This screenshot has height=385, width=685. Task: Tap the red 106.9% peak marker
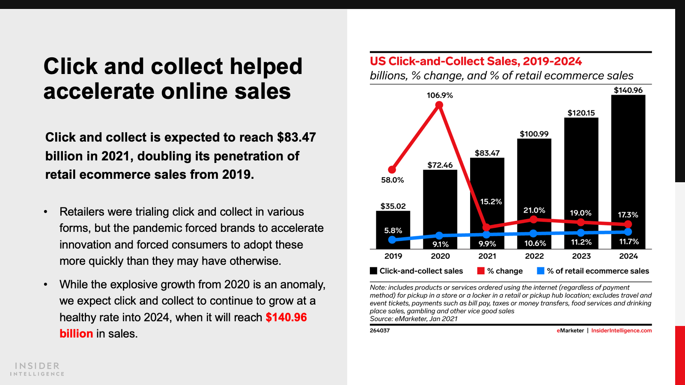pyautogui.click(x=439, y=106)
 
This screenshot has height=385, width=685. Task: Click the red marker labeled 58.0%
pyautogui.click(x=392, y=169)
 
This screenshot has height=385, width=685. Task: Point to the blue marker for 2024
pyautogui.click(x=628, y=232)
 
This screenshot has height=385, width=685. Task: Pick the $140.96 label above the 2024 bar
pyautogui.click(x=628, y=90)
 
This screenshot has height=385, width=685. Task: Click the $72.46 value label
pyautogui.click(x=440, y=165)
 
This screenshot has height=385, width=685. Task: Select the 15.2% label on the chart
pyautogui.click(x=491, y=201)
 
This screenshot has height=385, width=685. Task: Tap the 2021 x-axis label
pyautogui.click(x=487, y=256)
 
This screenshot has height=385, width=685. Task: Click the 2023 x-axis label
pyautogui.click(x=581, y=256)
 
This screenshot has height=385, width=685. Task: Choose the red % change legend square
pyautogui.click(x=481, y=271)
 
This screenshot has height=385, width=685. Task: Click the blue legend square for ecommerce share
pyautogui.click(x=541, y=271)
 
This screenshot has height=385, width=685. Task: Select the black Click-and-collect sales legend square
pyautogui.click(x=373, y=271)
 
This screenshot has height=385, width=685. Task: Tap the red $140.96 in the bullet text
pyautogui.click(x=286, y=317)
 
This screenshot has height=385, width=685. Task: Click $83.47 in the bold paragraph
pyautogui.click(x=296, y=137)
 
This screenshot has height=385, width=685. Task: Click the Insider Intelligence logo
pyautogui.click(x=37, y=369)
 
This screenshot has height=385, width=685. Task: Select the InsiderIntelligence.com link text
pyautogui.click(x=621, y=331)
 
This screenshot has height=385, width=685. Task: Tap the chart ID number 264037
pyautogui.click(x=380, y=331)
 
